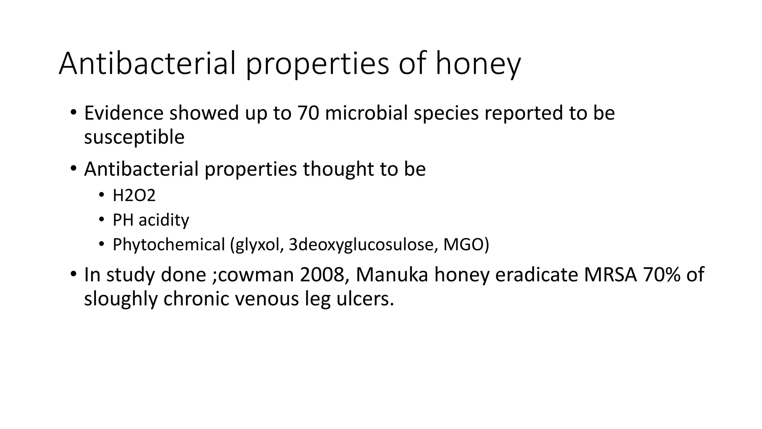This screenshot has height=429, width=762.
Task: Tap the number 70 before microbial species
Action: (308, 113)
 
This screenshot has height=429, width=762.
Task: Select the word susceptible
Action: (134, 137)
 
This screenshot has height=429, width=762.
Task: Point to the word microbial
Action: (366, 113)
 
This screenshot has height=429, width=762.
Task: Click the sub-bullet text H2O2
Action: (134, 196)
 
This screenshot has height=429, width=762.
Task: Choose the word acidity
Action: (164, 220)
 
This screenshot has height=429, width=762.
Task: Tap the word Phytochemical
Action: (169, 245)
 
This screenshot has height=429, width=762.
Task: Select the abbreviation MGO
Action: (465, 245)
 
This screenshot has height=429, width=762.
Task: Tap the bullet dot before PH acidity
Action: (101, 220)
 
